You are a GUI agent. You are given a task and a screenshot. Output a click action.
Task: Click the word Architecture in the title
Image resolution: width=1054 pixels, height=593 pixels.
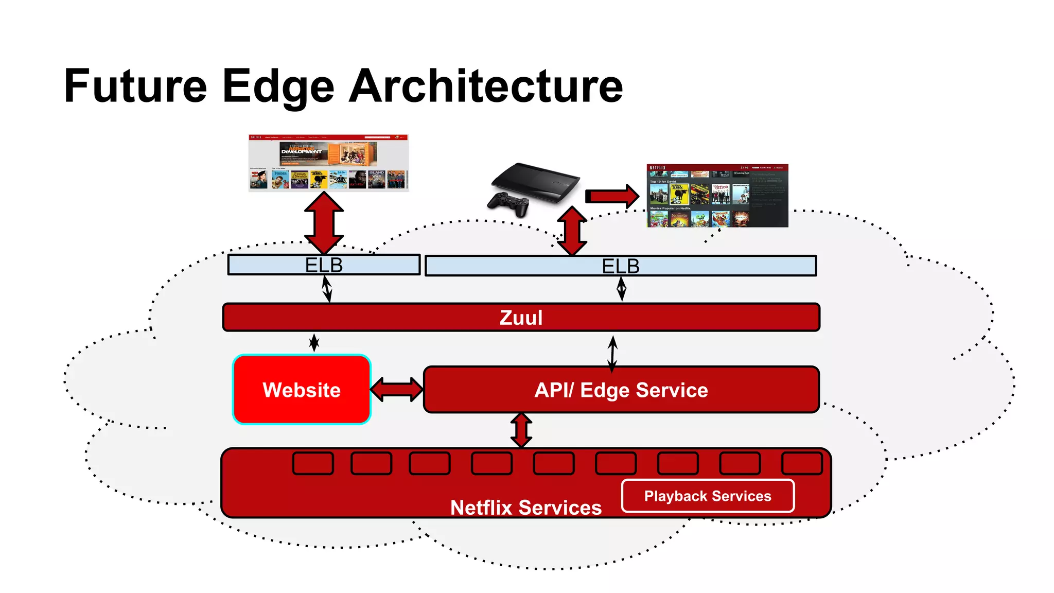click(486, 86)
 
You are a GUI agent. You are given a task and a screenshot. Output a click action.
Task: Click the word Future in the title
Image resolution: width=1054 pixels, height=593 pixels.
click(135, 86)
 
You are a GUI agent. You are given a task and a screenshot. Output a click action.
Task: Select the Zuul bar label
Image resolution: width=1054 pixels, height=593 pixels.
click(521, 318)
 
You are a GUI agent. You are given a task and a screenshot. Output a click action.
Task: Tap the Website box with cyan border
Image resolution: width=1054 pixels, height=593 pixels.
click(302, 390)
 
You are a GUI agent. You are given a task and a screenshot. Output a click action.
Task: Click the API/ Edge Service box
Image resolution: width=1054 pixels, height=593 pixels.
click(621, 390)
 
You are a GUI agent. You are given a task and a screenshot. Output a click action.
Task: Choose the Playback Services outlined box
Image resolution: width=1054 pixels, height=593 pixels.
click(708, 496)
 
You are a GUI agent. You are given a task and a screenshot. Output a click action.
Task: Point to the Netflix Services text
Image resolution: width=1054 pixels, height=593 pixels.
click(525, 508)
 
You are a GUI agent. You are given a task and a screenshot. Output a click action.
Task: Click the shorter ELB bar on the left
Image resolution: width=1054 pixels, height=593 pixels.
click(324, 265)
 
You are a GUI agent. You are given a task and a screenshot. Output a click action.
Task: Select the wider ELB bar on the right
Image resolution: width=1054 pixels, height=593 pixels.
click(621, 266)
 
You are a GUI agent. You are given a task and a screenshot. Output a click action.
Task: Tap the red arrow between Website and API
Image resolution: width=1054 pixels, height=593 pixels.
click(397, 390)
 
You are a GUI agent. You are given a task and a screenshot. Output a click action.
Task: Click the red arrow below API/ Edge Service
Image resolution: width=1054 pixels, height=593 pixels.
click(521, 430)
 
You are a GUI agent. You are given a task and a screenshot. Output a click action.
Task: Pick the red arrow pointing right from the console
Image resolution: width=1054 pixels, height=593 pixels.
click(611, 196)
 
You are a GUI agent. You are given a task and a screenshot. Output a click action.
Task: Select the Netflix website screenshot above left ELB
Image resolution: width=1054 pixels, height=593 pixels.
click(328, 163)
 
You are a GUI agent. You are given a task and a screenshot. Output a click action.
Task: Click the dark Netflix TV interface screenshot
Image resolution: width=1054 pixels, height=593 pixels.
click(717, 196)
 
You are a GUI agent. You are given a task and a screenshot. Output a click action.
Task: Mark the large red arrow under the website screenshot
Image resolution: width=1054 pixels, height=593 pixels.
click(324, 222)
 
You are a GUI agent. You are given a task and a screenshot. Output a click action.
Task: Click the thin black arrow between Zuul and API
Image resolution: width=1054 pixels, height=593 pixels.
click(612, 354)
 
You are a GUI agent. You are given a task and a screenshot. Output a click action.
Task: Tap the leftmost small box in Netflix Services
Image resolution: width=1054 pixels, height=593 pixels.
click(313, 463)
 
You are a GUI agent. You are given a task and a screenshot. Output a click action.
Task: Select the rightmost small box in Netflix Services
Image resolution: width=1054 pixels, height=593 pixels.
click(801, 463)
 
